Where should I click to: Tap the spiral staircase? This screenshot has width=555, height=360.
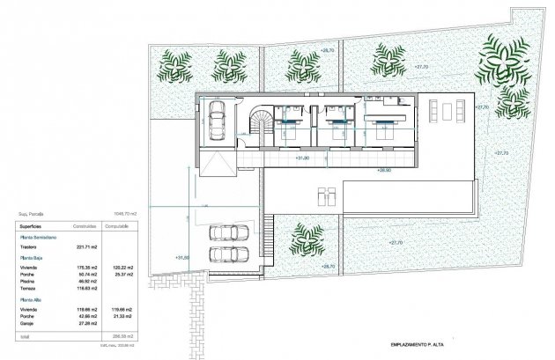point(262,124)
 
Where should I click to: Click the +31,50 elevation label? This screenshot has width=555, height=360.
point(182,257)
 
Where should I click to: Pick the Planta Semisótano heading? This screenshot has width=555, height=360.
point(39,238)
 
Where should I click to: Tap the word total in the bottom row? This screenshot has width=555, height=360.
point(26,336)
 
